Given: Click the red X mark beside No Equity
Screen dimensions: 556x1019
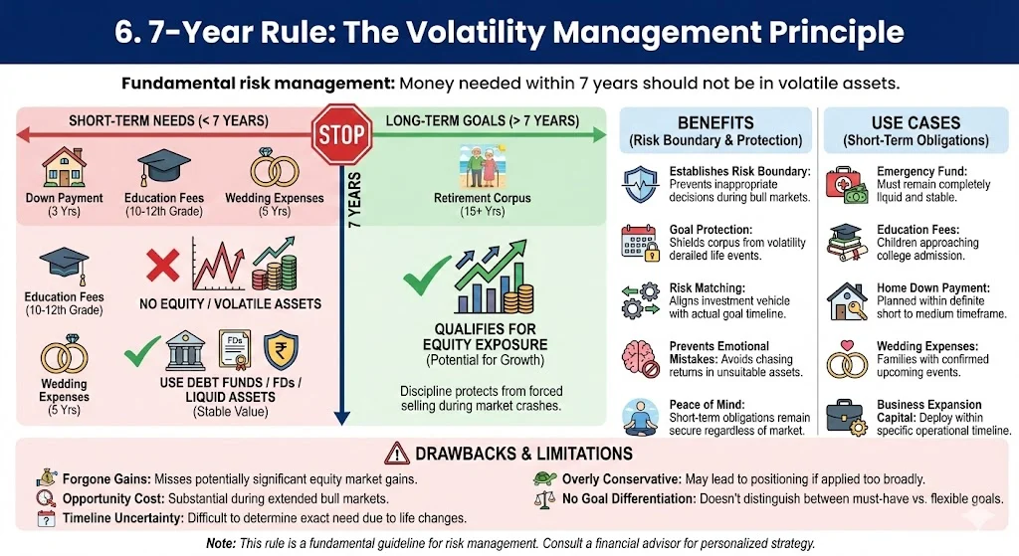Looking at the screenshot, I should pyautogui.click(x=161, y=266).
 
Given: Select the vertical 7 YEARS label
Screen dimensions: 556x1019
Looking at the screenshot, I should pyautogui.click(x=355, y=200).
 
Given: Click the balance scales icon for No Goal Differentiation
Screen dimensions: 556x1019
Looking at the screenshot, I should pyautogui.click(x=543, y=498).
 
